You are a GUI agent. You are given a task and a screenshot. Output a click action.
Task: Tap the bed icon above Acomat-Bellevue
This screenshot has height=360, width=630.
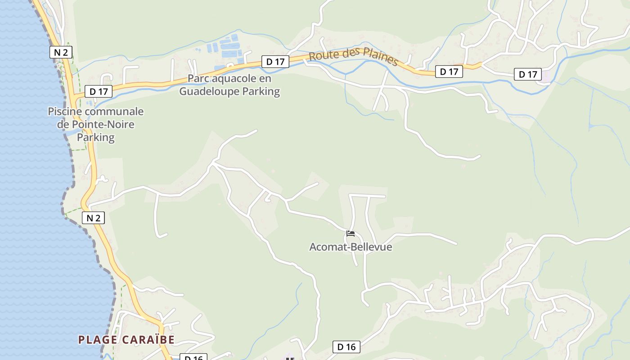point(351,234)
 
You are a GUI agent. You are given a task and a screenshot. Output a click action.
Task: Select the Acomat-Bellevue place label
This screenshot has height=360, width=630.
point(351,247)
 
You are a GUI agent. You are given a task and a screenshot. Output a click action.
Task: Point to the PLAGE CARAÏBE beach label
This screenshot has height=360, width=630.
point(126,340)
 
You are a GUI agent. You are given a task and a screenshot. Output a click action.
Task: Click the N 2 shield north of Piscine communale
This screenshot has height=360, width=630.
point(61,52)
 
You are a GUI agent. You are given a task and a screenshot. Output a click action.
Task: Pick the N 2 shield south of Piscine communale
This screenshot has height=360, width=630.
point(93,218)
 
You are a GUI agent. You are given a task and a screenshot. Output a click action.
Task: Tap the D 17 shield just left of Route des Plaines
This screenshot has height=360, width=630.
point(275,62)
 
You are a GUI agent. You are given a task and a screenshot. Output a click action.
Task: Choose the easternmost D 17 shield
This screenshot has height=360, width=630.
point(528,74)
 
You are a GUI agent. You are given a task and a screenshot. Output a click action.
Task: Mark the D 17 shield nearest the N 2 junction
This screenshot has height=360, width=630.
point(99,91)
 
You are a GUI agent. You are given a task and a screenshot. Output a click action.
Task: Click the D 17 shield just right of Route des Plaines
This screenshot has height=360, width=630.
point(449,71)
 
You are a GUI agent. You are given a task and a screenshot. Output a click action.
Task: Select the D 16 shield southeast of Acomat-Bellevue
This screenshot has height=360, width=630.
point(346,346)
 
